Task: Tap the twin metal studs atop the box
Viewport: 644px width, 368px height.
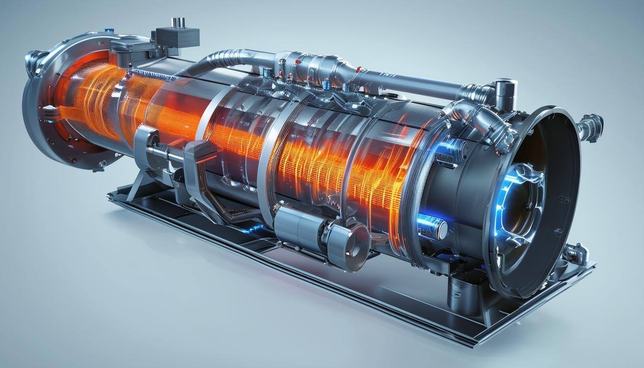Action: [178, 22]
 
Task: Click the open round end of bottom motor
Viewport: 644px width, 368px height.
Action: [357, 244]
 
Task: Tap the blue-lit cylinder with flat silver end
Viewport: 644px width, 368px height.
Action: [434, 227]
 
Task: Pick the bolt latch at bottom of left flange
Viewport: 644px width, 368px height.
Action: [100, 165]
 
